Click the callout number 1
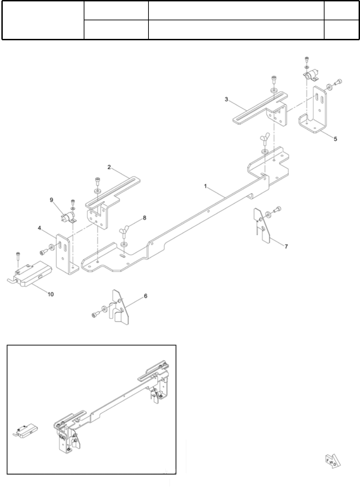205,186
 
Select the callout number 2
109,167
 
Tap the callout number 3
226,99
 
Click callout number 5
335,139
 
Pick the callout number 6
145,296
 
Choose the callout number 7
286,246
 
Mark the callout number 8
144,218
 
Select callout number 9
51,199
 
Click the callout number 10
50,294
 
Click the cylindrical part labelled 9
66,218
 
